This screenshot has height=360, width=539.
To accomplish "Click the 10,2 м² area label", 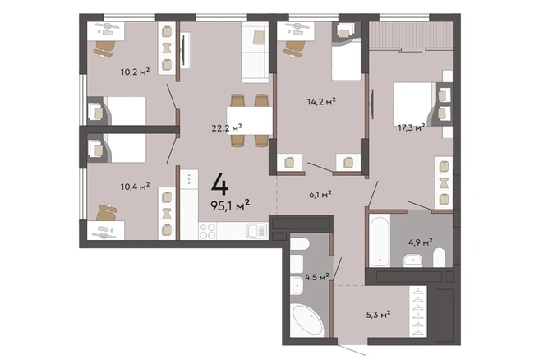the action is (x=135, y=72).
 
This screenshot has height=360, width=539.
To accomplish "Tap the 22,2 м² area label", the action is (x=227, y=128).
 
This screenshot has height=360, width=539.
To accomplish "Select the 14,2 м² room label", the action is (x=321, y=101).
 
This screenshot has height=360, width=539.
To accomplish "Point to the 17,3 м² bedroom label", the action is (x=411, y=128).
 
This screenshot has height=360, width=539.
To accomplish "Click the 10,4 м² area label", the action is (x=135, y=187).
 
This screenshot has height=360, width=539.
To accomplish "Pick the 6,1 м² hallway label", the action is (x=320, y=195).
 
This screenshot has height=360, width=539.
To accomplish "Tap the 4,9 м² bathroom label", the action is (x=420, y=242).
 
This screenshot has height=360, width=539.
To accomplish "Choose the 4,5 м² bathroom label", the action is (x=317, y=277).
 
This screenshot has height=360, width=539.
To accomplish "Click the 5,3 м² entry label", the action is (x=379, y=314).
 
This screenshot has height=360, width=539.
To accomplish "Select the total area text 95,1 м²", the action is (x=230, y=205).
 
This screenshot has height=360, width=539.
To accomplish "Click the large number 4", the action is (x=219, y=184).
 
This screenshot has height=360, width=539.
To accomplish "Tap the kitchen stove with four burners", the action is (x=208, y=231).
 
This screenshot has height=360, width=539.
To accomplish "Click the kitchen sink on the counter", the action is (x=257, y=231).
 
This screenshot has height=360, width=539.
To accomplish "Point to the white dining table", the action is (x=250, y=120).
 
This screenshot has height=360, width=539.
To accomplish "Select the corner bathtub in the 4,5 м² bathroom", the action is (x=307, y=321).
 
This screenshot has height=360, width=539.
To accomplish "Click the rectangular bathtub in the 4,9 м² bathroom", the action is (x=380, y=240).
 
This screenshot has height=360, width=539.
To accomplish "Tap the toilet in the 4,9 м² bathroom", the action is (x=439, y=257).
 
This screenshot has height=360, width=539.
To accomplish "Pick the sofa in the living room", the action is (x=255, y=53).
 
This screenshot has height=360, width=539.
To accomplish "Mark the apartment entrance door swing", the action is (x=352, y=350).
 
